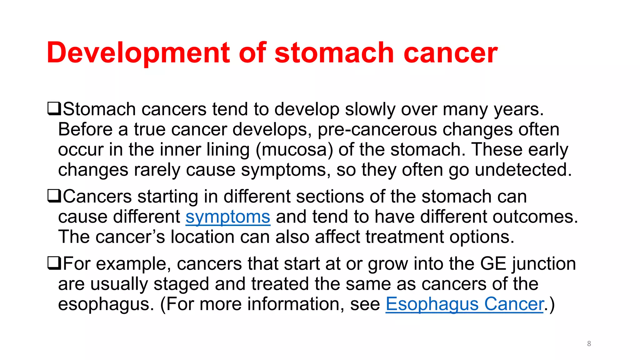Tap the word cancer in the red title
(x=451, y=53)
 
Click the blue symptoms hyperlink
(x=228, y=217)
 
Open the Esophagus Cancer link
(x=465, y=304)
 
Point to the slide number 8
(x=589, y=344)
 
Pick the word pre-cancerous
(x=377, y=130)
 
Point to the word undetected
(x=523, y=170)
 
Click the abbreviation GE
(x=493, y=263)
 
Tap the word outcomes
(x=535, y=217)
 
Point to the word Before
(x=85, y=130)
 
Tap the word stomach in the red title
(x=334, y=53)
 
